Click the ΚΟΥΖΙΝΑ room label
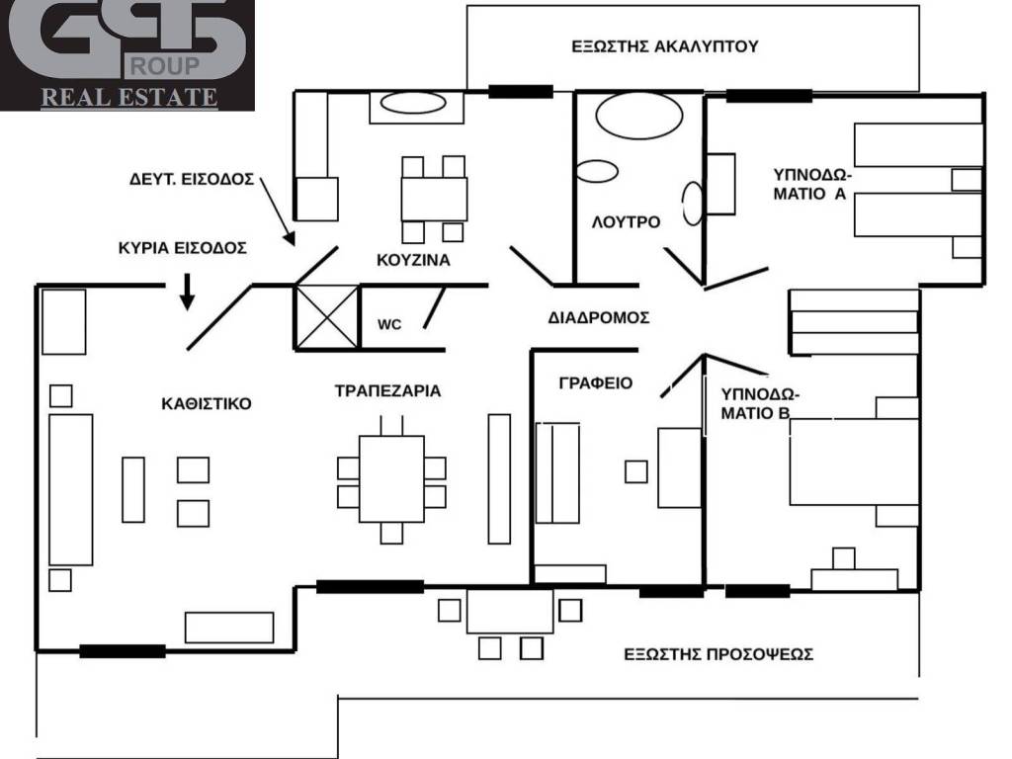click(413, 260)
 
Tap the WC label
click(389, 324)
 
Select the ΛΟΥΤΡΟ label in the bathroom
click(626, 222)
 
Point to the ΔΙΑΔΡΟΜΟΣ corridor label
click(598, 317)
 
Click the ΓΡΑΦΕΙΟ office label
click(595, 382)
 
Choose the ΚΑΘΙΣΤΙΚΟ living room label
click(207, 404)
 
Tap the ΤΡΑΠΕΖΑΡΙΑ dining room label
click(387, 391)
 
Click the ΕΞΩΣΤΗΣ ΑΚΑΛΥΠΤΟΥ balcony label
click(665, 46)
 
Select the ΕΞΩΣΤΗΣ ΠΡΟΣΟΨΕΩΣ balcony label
click(718, 654)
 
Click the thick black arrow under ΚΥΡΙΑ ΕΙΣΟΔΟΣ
click(187, 292)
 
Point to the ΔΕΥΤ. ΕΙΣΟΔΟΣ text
click(192, 180)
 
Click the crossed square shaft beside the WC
click(326, 317)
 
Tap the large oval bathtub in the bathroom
click(639, 116)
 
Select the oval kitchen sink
click(413, 103)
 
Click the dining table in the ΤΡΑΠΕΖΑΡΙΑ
click(391, 479)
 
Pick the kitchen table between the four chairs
click(434, 199)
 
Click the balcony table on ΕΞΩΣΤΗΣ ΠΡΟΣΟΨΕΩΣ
click(510, 611)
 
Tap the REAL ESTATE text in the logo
click(129, 98)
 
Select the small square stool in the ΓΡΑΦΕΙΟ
click(636, 471)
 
